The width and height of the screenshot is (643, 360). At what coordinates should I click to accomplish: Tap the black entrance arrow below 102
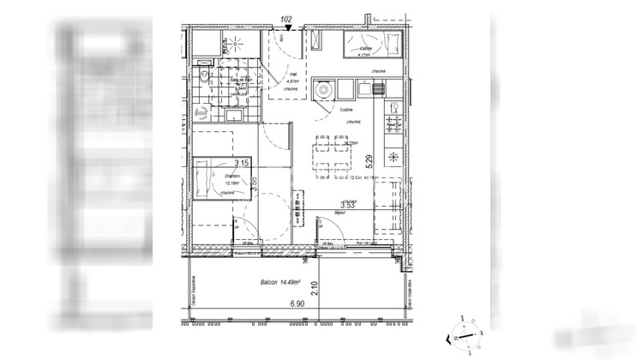pos(289,28)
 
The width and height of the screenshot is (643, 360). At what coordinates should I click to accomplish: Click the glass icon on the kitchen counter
pos(394,105)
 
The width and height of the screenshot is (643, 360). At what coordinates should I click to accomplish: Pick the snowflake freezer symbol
pos(394,156)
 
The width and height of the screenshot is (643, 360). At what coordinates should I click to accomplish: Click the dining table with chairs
pos(334,157)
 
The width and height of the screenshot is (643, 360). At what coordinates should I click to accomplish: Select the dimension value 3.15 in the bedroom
pos(243,163)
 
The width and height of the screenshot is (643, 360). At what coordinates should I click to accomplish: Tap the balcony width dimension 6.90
pos(297,303)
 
